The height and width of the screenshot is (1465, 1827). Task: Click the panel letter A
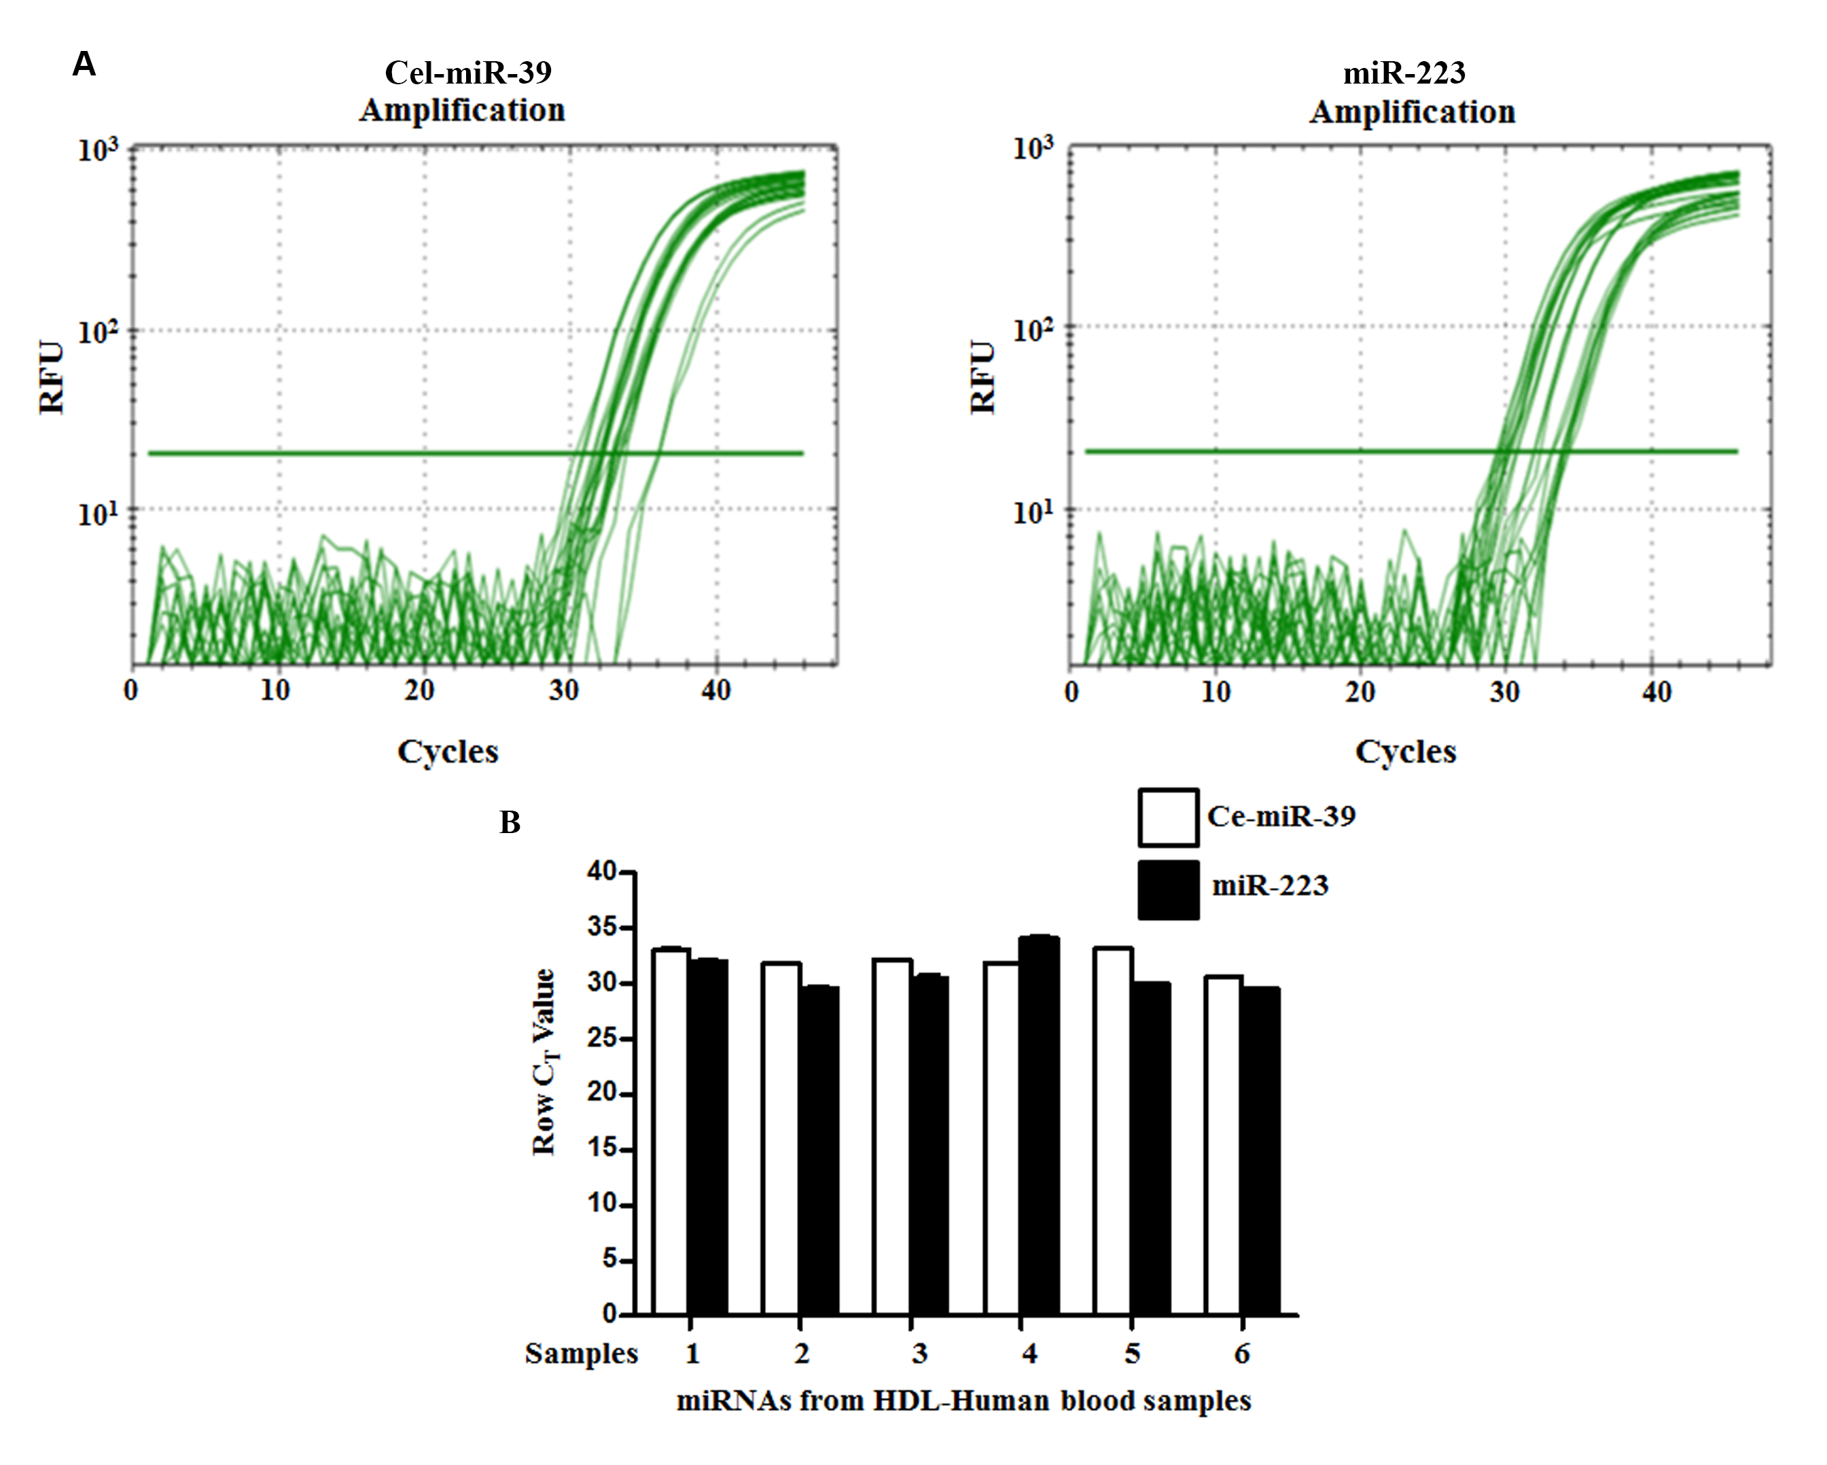point(84,65)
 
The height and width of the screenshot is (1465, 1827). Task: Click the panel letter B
point(510,822)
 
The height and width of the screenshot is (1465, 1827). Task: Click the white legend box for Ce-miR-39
point(1168,817)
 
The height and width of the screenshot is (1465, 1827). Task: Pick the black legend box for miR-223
point(1168,889)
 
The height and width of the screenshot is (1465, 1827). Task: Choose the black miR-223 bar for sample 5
point(1150,1148)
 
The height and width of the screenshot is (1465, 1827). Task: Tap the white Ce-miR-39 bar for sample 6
point(1223,1146)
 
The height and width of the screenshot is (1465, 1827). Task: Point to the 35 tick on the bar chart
point(602,927)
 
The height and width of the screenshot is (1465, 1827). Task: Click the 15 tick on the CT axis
point(602,1149)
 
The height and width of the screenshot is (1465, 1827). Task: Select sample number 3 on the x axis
point(919,1354)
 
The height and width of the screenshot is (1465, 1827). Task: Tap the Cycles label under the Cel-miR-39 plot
point(448,752)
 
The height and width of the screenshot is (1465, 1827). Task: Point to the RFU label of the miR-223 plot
point(982,377)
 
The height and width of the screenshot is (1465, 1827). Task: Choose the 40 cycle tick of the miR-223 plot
point(1656,693)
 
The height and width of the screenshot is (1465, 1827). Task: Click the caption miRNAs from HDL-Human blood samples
point(963,1401)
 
